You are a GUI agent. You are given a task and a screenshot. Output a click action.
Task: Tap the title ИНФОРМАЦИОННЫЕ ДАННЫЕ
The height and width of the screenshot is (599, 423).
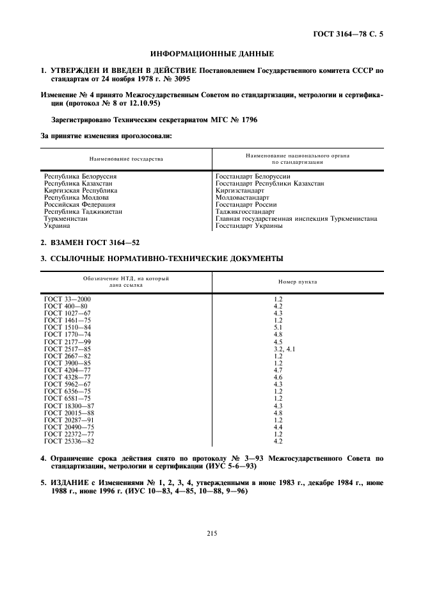pyautogui.click(x=212, y=54)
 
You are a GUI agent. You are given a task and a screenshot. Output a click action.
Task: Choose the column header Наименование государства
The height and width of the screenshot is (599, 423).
pyautogui.click(x=126, y=159)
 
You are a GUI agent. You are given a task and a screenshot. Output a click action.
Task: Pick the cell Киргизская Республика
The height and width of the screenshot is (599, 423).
pyautogui.click(x=81, y=191)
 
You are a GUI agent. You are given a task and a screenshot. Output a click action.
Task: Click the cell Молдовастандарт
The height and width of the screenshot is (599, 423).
pyautogui.click(x=243, y=198)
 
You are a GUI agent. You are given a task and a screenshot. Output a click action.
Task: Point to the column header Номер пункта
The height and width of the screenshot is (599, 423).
pyautogui.click(x=297, y=282)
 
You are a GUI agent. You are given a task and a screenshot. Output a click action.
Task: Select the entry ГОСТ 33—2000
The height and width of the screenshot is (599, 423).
pyautogui.click(x=67, y=299)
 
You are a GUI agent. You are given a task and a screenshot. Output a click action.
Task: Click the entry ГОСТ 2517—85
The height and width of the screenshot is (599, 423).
pyautogui.click(x=68, y=349)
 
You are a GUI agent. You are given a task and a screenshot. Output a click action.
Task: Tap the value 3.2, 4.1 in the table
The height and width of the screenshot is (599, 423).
pyautogui.click(x=284, y=349)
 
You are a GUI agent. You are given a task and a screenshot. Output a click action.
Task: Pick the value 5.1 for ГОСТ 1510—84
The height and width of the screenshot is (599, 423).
pyautogui.click(x=278, y=328)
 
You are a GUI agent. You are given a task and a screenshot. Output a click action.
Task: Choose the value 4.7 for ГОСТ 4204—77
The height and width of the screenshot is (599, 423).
pyautogui.click(x=278, y=370)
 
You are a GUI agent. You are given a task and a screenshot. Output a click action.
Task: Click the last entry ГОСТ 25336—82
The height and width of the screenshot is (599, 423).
pyautogui.click(x=69, y=441)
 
